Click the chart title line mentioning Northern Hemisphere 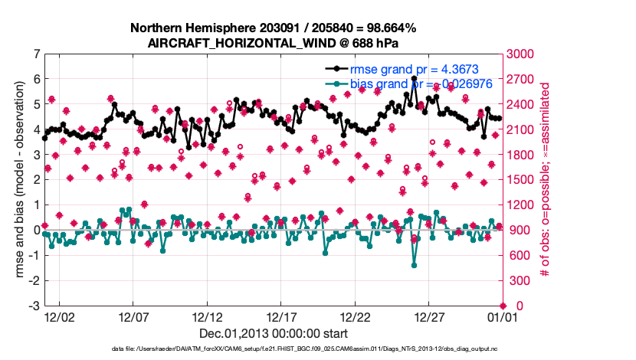[x=273, y=28]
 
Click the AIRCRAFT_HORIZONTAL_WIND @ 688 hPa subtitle [x=273, y=43]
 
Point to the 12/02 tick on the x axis [x=59, y=316]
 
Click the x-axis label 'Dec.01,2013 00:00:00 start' [x=273, y=333]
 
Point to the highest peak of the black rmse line [x=414, y=78]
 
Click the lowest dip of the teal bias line [x=414, y=265]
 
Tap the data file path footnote [x=273, y=349]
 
